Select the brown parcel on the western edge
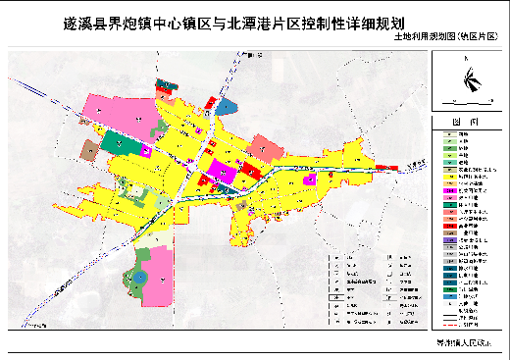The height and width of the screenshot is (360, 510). tap(88, 150)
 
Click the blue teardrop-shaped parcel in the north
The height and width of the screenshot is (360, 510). tap(227, 104)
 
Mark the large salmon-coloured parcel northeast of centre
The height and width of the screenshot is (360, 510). tap(264, 147)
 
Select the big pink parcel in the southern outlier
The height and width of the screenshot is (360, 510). tap(155, 275)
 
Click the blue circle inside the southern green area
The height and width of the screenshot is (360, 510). tap(139, 278)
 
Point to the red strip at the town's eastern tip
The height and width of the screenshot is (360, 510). tap(392, 168)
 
